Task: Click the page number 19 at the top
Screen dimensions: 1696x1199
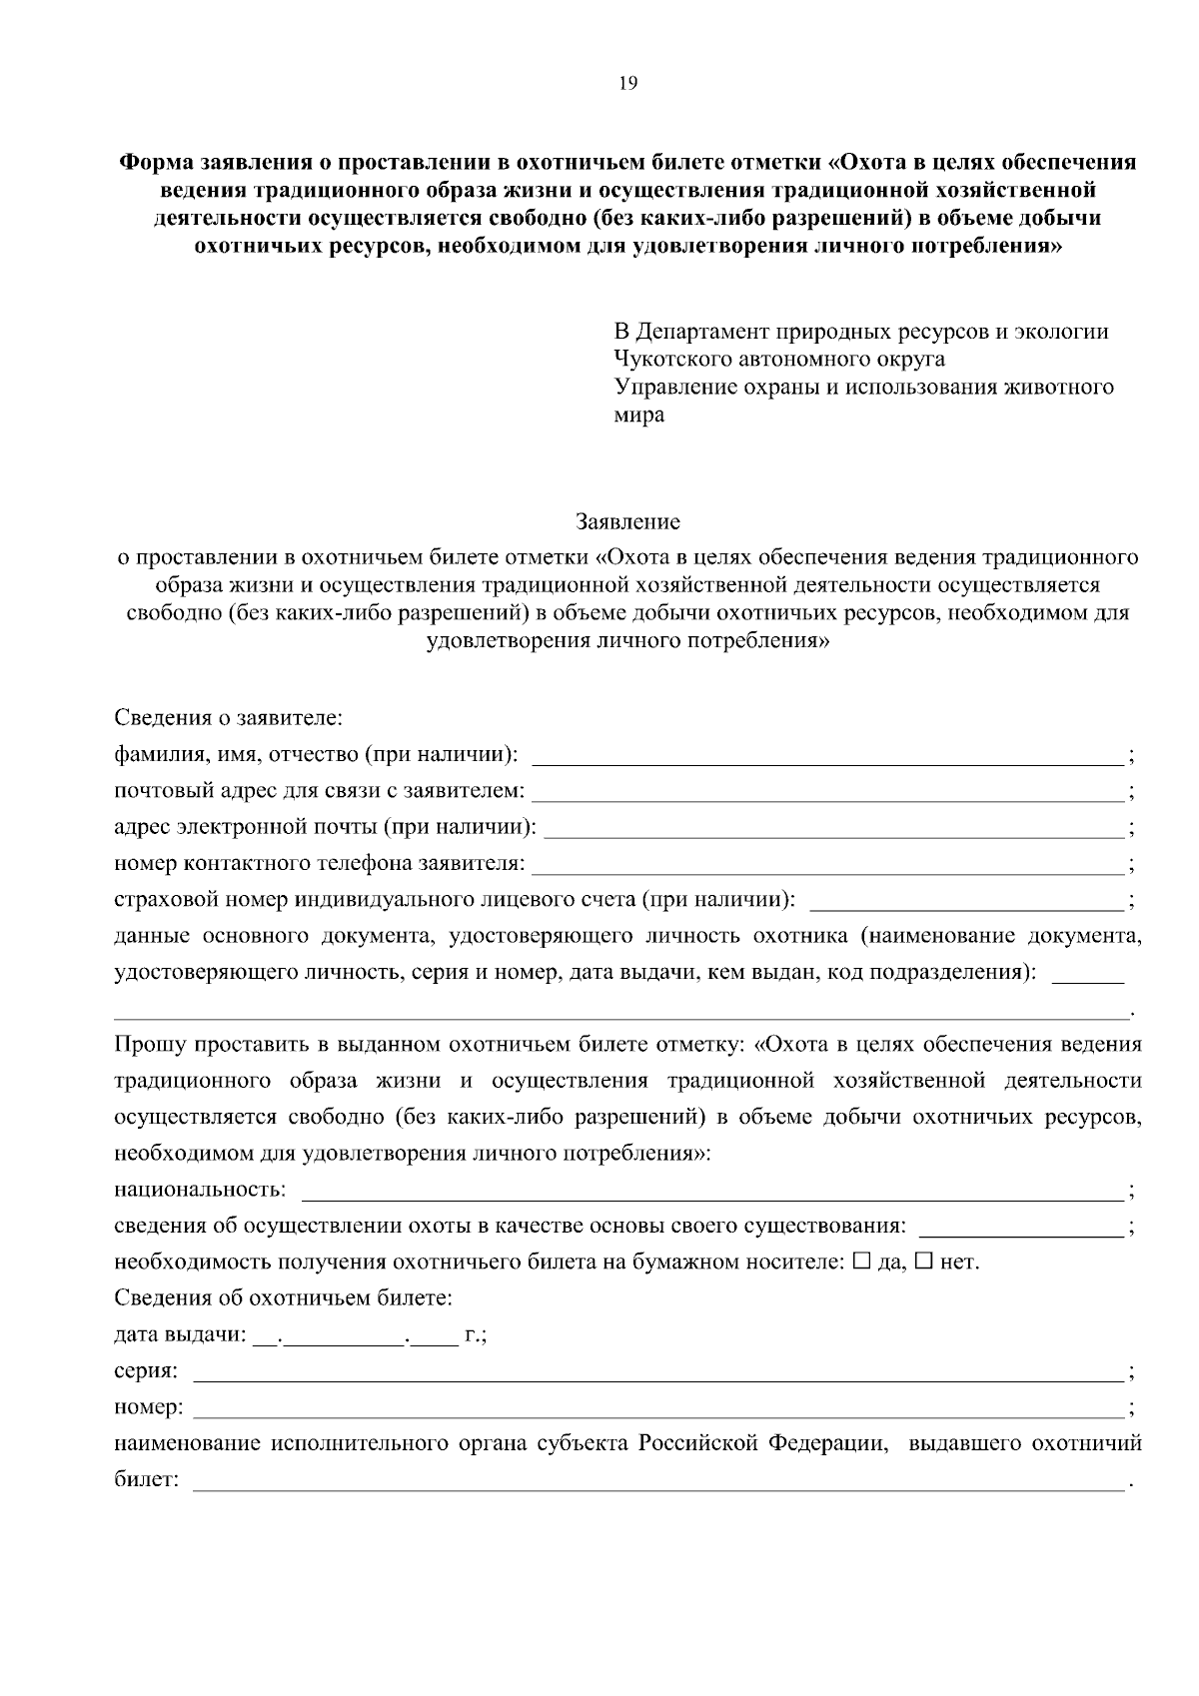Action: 627,84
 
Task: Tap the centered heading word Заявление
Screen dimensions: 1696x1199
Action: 627,521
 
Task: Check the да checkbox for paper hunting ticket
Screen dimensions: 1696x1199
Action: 862,1262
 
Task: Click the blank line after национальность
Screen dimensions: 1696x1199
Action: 711,1193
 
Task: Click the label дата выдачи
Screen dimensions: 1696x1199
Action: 178,1335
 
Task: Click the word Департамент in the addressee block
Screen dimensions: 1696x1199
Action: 705,331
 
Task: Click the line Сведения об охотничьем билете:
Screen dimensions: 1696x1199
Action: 284,1298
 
